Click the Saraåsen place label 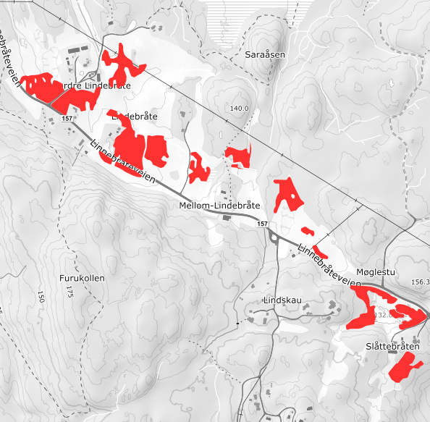[266, 55]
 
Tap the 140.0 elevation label [239, 109]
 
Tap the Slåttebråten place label [394, 347]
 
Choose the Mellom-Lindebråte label [219, 206]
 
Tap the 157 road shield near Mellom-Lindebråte [265, 225]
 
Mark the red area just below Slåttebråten [400, 369]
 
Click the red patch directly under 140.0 [238, 156]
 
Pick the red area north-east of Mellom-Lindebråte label [287, 194]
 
